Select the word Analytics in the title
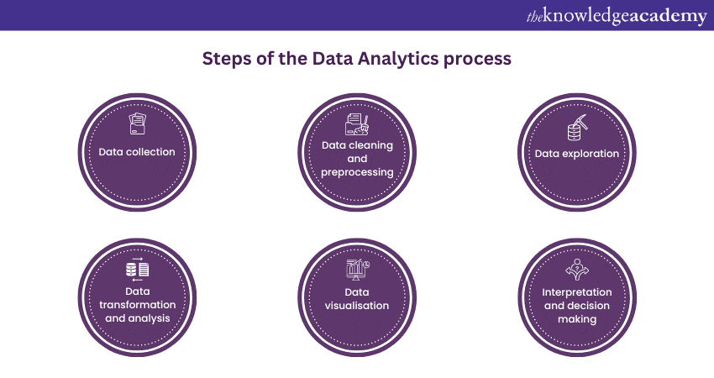pyautogui.click(x=392, y=60)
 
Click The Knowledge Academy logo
pyautogui.click(x=617, y=16)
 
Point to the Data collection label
pyautogui.click(x=137, y=152)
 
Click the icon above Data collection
pyautogui.click(x=137, y=124)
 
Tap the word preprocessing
pyautogui.click(x=357, y=172)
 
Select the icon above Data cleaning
pyautogui.click(x=357, y=124)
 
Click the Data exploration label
pyautogui.click(x=577, y=154)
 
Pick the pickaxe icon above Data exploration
pyautogui.click(x=576, y=128)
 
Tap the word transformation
pyautogui.click(x=137, y=305)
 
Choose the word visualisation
pyautogui.click(x=357, y=306)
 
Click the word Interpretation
pyautogui.click(x=577, y=291)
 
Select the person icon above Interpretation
pyautogui.click(x=577, y=268)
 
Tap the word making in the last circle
pyautogui.click(x=577, y=319)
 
